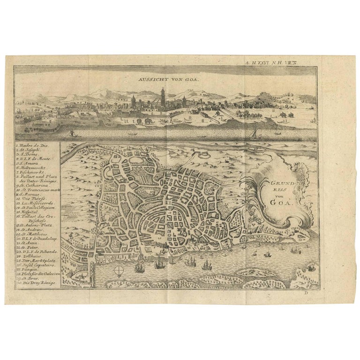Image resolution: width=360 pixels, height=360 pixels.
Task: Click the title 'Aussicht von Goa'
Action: pos(162,80)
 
